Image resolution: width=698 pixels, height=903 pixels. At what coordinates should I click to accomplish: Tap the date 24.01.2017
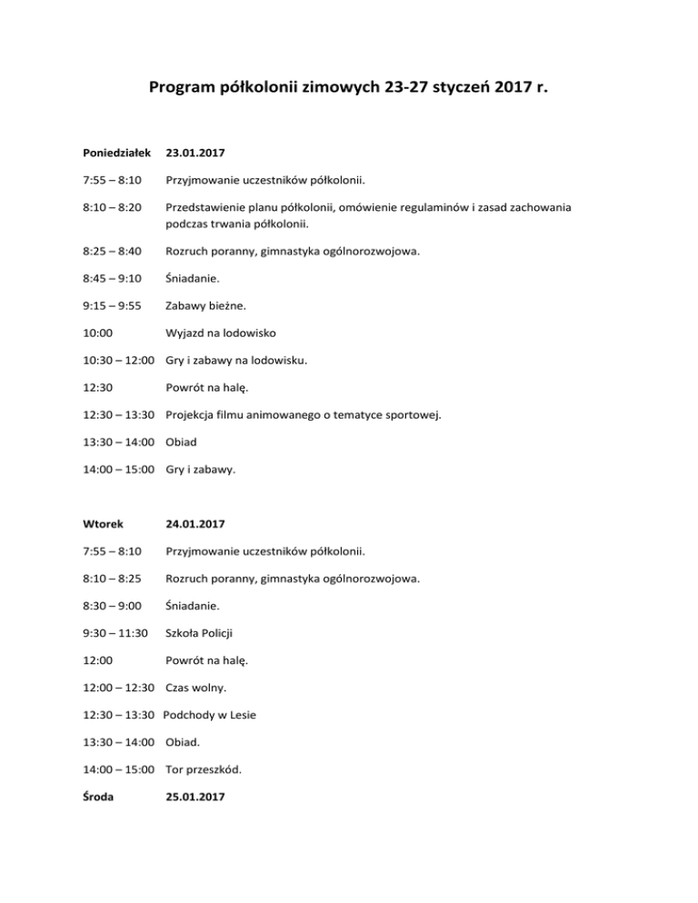coord(195,524)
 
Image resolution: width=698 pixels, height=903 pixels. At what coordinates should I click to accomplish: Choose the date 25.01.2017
coord(195,797)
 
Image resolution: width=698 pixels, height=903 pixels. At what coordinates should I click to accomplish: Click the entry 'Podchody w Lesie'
coord(210,715)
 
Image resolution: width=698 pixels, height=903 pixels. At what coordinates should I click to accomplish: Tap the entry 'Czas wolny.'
coord(198,689)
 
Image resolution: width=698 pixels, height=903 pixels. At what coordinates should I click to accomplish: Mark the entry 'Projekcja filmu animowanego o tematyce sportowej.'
coord(316,415)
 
